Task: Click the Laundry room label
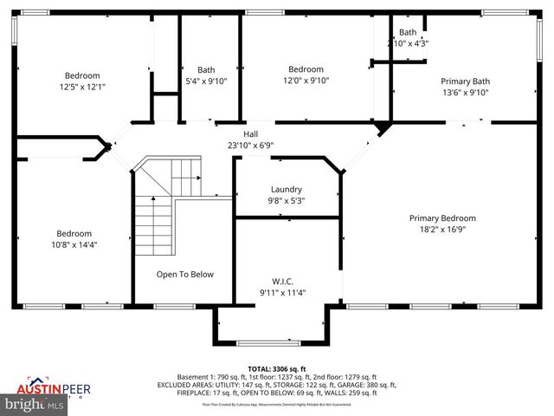tap(287, 189)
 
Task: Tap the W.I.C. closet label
tap(283, 280)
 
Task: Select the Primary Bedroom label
tap(442, 218)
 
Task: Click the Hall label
tap(250, 134)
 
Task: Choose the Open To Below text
tap(184, 275)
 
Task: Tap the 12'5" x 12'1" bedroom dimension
tap(82, 87)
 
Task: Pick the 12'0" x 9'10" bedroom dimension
tap(305, 81)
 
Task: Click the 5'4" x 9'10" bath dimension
tap(206, 81)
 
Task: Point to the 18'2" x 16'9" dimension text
tap(442, 230)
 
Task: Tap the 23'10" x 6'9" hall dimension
tap(250, 146)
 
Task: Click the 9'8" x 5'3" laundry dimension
tap(287, 200)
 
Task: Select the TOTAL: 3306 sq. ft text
tap(277, 368)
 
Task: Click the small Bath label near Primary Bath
tap(408, 32)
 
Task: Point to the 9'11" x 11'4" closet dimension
tap(283, 291)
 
